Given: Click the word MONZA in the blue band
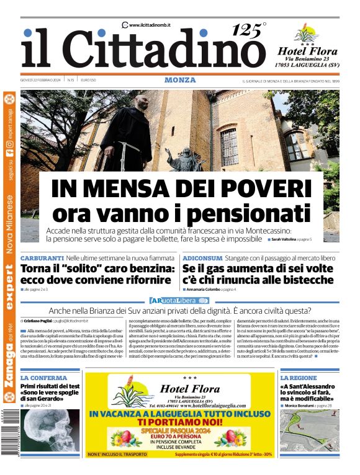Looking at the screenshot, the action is [x=180, y=80].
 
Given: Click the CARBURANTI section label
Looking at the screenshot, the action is [x=42, y=257].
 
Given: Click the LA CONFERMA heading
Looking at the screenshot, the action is [x=44, y=378].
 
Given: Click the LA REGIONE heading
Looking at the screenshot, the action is [x=299, y=378].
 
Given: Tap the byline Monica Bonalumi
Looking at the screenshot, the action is [x=304, y=405].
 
